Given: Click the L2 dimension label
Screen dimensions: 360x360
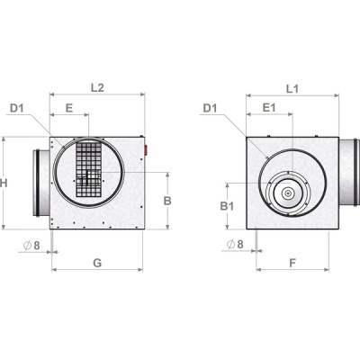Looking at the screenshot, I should coord(99,87).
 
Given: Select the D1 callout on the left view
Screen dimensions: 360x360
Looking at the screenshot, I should coord(18,109).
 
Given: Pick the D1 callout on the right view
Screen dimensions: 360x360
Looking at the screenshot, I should coord(211,109).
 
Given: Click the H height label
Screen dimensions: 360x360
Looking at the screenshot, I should coord(6,183).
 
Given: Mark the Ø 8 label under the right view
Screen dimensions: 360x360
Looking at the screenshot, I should coord(235,243).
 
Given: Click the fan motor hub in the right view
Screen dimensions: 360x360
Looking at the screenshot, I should coord(287,192).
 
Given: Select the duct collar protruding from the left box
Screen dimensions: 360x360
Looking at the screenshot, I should coord(41,182).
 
